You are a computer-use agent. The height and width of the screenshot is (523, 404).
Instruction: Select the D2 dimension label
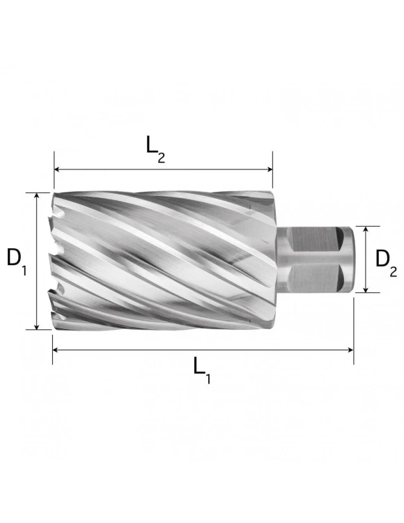385,261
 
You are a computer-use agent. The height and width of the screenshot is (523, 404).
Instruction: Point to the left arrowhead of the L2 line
57,169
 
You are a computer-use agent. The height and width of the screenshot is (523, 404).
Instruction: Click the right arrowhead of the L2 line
270,169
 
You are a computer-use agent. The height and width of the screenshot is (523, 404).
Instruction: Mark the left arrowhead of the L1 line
56,350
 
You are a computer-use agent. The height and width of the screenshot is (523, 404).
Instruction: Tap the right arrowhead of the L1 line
350,350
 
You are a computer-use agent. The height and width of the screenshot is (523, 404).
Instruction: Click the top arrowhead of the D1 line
37,196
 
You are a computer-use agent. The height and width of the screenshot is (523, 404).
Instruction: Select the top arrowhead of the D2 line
366,229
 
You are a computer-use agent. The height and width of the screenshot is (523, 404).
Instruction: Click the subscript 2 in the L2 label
162,157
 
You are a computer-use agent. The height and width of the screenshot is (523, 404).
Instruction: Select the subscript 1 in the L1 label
208,380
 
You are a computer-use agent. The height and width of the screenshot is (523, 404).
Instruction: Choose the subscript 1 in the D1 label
24,268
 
